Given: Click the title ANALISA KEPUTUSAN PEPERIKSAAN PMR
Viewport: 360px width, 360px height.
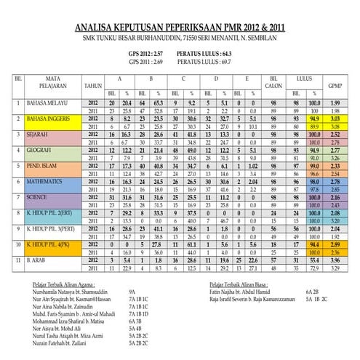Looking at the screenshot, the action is click(x=180, y=28).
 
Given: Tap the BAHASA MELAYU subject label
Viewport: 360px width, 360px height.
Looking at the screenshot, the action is click(x=51, y=105).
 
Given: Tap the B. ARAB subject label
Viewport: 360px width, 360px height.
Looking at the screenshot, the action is click(x=39, y=260).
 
